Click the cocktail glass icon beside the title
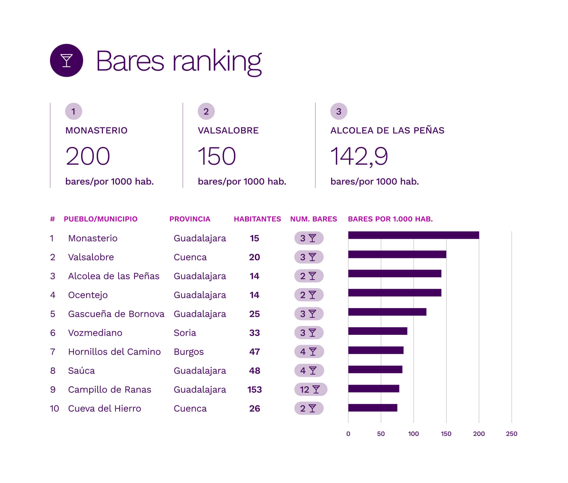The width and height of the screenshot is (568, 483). (66, 60)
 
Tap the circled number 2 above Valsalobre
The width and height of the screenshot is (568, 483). (206, 111)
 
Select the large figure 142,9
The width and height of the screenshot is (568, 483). (359, 156)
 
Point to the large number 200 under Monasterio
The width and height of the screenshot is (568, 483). (88, 156)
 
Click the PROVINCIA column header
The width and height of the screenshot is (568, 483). (190, 219)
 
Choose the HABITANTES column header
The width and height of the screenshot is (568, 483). (257, 219)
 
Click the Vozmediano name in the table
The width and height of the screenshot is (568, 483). (95, 333)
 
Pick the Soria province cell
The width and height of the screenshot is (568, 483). (185, 333)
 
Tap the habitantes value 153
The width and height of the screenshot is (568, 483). (254, 390)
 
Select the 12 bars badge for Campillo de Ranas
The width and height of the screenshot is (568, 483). (310, 390)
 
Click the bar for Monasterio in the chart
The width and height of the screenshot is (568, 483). (413, 235)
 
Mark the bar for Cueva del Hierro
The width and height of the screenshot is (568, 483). (373, 408)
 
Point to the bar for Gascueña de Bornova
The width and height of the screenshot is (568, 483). (387, 312)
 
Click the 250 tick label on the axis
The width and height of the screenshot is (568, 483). (511, 434)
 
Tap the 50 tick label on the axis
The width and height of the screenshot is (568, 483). (381, 434)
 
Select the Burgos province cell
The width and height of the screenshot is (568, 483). (188, 352)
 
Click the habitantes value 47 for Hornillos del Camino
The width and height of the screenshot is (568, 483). (254, 352)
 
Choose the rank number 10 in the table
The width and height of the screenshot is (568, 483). (54, 409)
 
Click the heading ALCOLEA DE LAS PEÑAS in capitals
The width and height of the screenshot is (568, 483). (387, 131)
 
